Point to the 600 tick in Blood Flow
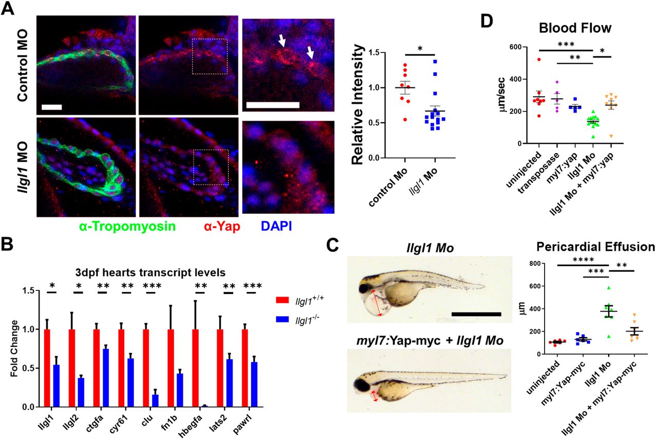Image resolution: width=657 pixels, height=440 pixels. click(x=513, y=47)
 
